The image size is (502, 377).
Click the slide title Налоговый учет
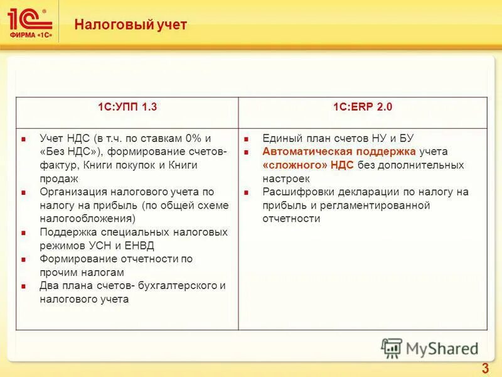[131, 25]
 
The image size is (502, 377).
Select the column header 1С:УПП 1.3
[127, 107]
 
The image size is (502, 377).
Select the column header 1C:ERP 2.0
[363, 107]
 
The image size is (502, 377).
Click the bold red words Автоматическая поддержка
[339, 151]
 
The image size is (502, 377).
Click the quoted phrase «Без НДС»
[68, 151]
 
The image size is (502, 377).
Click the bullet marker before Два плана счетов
[23, 287]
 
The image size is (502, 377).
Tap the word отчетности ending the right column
[292, 219]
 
